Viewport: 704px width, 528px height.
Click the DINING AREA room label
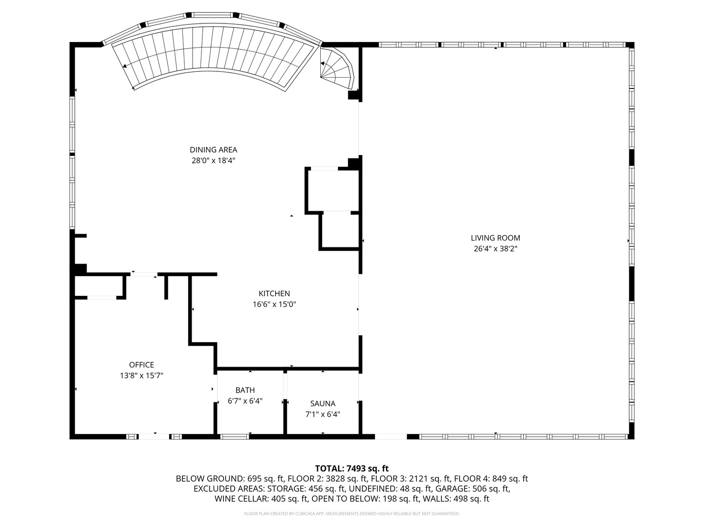[213, 150]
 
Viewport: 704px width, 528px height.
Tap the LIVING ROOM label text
[495, 238]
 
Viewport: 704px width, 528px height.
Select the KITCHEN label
[274, 293]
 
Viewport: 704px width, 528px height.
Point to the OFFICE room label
[141, 365]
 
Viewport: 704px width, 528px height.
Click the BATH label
[245, 390]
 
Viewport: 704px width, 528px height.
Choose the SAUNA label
[323, 403]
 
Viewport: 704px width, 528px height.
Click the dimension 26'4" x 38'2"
[495, 248]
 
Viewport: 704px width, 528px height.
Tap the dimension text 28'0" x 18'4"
[213, 160]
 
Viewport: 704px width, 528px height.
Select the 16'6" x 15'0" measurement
[274, 304]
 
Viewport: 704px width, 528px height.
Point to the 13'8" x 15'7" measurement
[141, 375]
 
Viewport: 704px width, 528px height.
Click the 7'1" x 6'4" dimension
[323, 414]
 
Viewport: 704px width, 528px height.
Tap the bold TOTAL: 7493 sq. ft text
[352, 468]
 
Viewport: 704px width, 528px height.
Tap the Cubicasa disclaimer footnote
[352, 514]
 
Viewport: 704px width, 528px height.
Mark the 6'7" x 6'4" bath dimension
[245, 401]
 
